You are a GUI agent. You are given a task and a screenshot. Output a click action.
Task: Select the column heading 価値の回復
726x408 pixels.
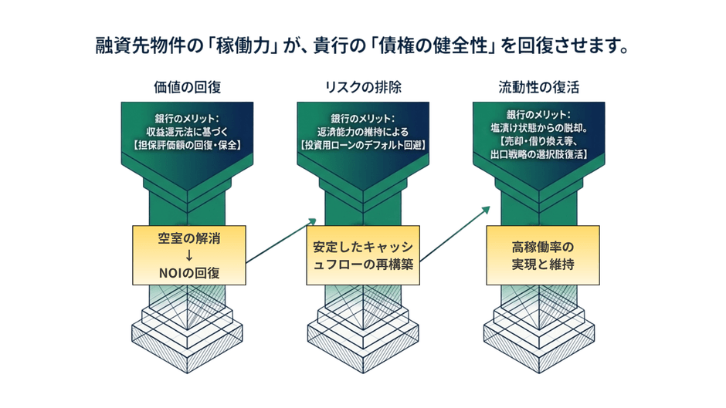188,87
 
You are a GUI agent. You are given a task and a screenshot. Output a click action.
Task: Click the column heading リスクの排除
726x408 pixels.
363,87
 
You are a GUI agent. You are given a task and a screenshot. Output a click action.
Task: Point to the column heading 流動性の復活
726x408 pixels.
538,87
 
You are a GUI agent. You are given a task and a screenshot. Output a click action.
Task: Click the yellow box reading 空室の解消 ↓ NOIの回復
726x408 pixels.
189,255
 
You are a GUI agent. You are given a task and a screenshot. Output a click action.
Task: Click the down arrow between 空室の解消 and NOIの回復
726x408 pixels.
189,255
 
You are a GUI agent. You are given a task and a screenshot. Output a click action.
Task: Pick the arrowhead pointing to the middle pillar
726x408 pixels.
313,220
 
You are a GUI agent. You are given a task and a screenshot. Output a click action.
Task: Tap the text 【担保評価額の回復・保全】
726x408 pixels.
188,144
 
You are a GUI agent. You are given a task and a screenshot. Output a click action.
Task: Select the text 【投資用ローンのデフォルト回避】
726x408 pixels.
363,144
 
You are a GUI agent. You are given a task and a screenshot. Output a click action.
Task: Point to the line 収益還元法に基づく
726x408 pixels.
188,131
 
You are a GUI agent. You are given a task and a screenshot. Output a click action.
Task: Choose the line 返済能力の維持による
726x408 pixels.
363,131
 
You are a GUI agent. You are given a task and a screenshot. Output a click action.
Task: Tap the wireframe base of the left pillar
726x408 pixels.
188,324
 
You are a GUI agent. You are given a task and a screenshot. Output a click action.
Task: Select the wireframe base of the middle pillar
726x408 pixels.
363,324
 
